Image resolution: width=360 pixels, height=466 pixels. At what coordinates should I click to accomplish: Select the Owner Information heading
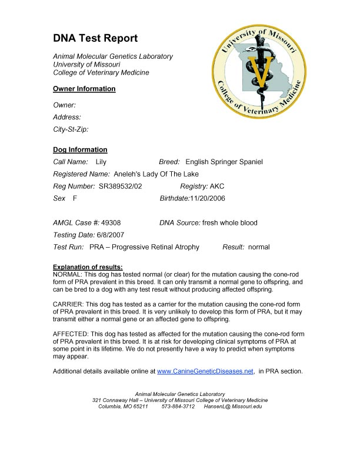point(84,89)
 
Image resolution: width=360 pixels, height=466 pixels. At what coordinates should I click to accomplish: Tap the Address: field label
point(67,117)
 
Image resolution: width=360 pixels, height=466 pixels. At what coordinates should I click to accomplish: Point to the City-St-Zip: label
point(71,129)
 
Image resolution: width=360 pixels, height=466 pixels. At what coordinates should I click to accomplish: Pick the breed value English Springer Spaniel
point(224,161)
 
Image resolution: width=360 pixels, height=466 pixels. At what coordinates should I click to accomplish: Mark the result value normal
point(259,247)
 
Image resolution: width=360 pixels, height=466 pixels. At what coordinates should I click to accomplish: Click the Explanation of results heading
point(88,268)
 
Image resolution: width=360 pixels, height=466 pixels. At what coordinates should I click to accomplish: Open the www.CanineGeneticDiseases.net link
point(205,371)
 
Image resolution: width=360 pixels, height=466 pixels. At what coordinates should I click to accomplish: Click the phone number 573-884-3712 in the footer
point(178,407)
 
